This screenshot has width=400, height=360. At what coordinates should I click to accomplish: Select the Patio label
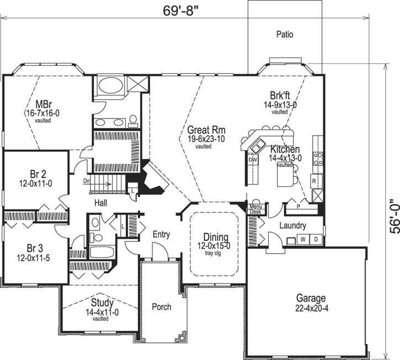(x=284, y=34)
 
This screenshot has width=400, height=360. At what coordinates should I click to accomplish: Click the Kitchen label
(x=284, y=149)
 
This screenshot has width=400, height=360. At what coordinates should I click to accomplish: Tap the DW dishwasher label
(x=253, y=160)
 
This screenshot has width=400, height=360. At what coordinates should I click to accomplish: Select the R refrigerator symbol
(x=313, y=180)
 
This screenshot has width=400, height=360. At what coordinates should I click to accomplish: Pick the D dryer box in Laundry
(x=316, y=240)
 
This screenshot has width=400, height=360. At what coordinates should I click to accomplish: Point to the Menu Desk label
(x=255, y=208)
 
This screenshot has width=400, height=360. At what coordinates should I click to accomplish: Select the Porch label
(x=161, y=307)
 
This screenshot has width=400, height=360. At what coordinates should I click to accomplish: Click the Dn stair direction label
(x=87, y=180)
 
